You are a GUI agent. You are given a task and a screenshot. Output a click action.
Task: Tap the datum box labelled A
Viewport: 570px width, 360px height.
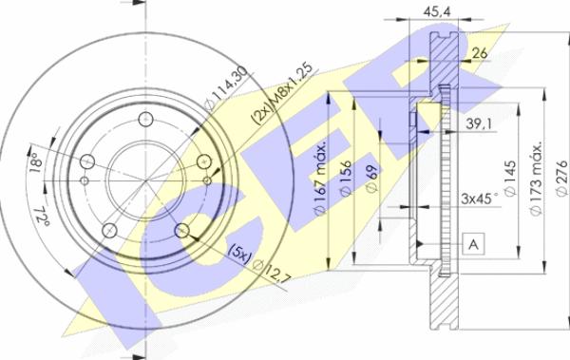click(x=472, y=245)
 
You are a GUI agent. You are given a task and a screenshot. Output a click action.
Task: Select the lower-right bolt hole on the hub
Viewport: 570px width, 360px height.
click(x=182, y=230)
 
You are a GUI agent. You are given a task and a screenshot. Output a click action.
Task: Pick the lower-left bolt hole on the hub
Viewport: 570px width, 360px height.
click(x=109, y=230)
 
